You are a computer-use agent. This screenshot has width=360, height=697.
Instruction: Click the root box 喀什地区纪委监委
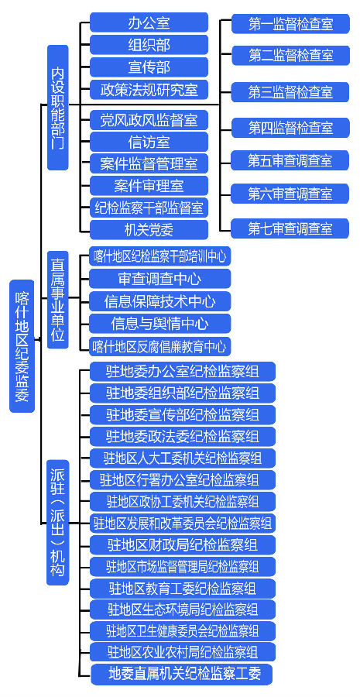[22, 346]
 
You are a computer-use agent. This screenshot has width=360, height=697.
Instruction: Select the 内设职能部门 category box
[58, 107]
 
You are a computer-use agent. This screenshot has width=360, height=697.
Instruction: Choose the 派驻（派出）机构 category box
[58, 523]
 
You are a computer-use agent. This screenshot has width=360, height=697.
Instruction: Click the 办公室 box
[149, 22]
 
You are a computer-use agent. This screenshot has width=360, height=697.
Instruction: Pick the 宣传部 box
[149, 67]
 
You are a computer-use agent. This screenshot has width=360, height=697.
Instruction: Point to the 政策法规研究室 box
[149, 90]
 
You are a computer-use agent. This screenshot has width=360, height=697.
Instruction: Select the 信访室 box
[149, 142]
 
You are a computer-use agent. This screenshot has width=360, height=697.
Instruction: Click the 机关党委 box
[149, 230]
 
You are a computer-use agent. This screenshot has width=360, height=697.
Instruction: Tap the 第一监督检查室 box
[290, 23]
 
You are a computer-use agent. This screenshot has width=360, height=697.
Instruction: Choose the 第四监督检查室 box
[290, 128]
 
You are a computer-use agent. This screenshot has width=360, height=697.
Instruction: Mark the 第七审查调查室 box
[290, 229]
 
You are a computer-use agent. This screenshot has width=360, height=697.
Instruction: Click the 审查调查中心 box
[160, 279]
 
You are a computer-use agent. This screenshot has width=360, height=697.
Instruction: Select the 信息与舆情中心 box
[160, 323]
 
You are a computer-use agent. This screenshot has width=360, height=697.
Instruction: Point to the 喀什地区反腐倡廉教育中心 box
[160, 345]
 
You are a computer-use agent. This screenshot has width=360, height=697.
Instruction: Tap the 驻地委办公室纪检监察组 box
[183, 371]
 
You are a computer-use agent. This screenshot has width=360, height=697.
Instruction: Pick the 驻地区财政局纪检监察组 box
[183, 544]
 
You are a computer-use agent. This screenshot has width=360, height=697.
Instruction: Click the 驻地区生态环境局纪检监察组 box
[183, 609]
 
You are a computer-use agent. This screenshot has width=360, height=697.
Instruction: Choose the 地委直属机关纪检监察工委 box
[182, 675]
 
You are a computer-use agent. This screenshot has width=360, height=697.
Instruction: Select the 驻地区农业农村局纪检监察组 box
[183, 652]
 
